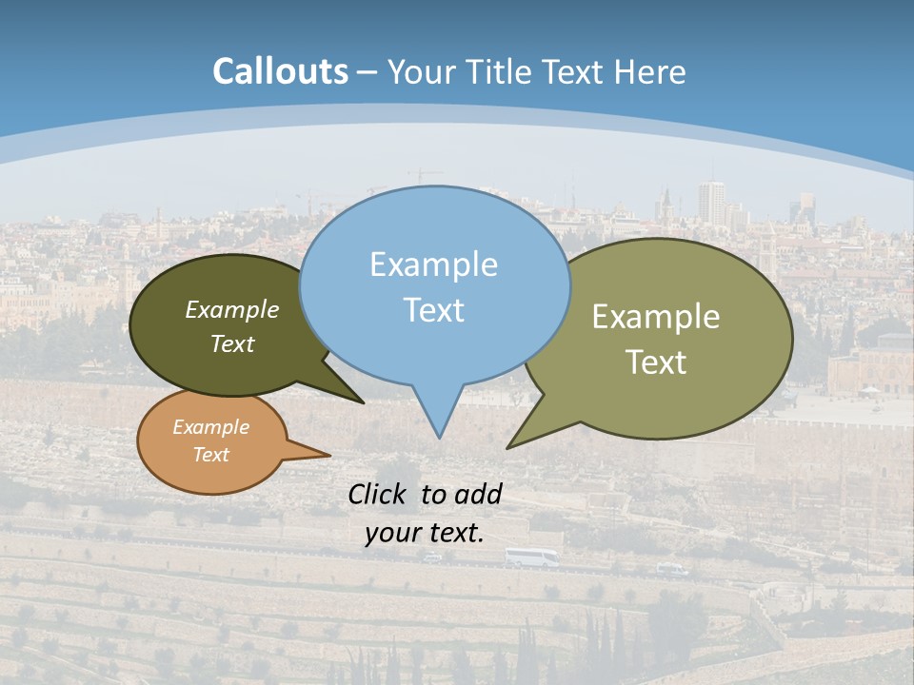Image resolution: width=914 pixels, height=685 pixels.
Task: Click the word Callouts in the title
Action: point(280,71)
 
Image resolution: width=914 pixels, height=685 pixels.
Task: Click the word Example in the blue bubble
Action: point(433,264)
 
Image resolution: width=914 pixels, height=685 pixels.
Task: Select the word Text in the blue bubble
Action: point(433,310)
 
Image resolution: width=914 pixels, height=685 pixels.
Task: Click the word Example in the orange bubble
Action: point(211,427)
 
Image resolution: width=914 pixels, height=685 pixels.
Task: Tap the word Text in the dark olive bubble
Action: point(232,343)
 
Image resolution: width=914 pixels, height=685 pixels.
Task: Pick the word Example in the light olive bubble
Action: point(656,317)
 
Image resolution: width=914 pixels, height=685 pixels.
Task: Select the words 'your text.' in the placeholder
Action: point(425,533)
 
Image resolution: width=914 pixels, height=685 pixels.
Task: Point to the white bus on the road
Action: point(531,558)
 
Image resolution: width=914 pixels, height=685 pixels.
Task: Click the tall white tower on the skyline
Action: point(710,202)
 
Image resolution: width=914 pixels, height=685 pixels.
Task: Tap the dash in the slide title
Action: point(367,72)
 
